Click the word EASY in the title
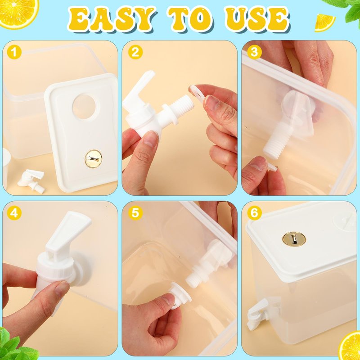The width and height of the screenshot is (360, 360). coord(112,19)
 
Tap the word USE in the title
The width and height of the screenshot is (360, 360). coord(257,19)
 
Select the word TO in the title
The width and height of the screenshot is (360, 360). coord(190,19)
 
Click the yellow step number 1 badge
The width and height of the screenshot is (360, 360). coord(14,52)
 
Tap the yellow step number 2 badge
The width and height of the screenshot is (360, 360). coord(135,52)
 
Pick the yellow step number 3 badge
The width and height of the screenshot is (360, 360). coord(254,52)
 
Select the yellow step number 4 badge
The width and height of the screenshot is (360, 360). coord(14,213)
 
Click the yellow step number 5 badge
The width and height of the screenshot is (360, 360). coord(135,213)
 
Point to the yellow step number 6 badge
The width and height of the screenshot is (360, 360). coord(254,213)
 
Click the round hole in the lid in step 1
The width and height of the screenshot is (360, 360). coord(84,107)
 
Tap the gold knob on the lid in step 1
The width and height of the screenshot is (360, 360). coord(94,159)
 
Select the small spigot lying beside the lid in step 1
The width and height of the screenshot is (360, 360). coord(31,181)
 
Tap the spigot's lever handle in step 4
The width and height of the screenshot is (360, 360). coord(69,231)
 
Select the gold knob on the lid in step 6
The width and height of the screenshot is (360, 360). coord(294,239)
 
